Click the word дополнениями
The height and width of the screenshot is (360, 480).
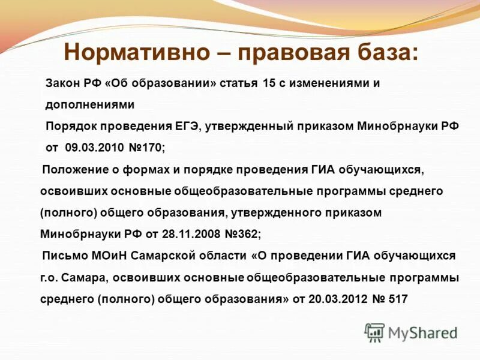click(90, 104)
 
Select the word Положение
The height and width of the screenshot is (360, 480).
click(74, 170)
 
